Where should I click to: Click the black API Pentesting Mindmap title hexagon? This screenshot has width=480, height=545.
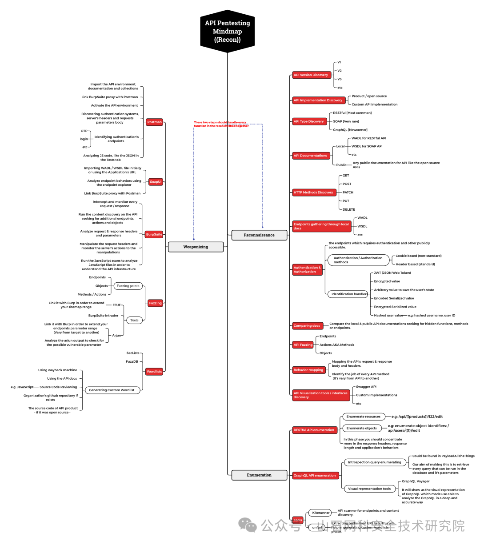click(227, 31)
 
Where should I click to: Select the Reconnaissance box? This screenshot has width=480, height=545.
click(259, 235)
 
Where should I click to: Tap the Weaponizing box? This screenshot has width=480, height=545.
click(196, 247)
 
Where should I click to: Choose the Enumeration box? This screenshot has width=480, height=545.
click(259, 475)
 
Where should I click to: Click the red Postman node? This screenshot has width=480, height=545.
click(155, 122)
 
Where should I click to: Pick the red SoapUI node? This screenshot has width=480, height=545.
click(156, 182)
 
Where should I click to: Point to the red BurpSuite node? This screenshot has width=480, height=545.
click(154, 234)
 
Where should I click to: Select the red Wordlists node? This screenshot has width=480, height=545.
click(154, 372)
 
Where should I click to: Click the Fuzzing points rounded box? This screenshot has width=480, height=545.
click(128, 286)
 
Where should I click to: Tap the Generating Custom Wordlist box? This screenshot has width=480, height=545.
click(112, 390)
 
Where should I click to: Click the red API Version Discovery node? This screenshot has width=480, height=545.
click(311, 75)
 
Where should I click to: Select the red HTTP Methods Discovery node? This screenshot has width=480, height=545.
click(313, 192)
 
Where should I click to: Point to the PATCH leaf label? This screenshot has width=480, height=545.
click(348, 192)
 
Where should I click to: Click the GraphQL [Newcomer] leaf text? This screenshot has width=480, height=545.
click(350, 130)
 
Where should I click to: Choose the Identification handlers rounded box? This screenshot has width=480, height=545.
click(349, 294)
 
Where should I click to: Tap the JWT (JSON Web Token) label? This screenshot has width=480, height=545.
click(392, 273)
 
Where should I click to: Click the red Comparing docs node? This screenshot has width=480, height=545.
click(307, 326)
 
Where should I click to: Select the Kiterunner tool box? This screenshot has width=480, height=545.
click(321, 513)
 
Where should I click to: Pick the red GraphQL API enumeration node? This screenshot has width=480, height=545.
click(315, 476)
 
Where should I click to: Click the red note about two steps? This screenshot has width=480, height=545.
click(221, 124)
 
